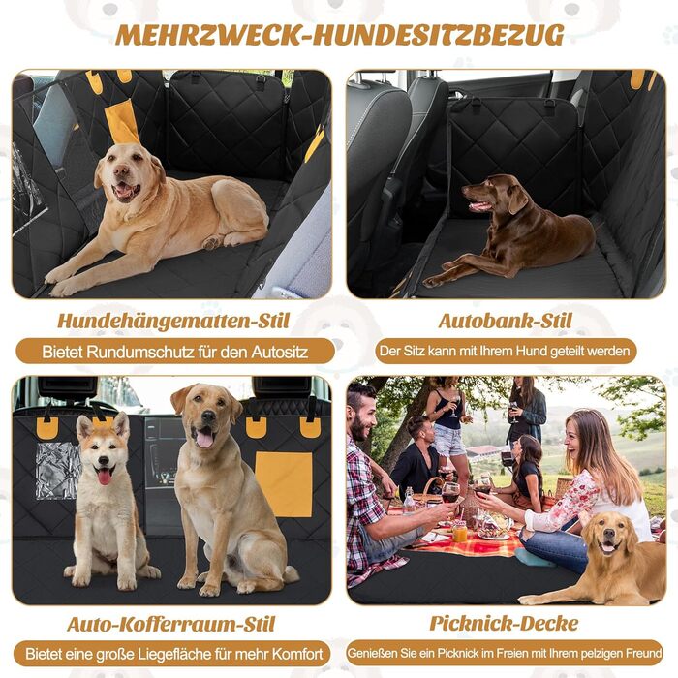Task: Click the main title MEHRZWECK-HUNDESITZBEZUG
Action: [x=340, y=35]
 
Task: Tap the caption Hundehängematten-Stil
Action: [x=173, y=322]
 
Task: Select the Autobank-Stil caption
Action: [x=505, y=321]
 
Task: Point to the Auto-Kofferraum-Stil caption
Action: [x=171, y=624]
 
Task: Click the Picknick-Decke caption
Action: [x=505, y=623]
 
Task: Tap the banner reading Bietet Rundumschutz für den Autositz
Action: [x=175, y=351]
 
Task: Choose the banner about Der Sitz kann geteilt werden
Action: [x=506, y=351]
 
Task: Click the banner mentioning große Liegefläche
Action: [x=172, y=654]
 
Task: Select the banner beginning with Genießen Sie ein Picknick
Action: [x=505, y=653]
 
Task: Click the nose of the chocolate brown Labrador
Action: [x=465, y=189]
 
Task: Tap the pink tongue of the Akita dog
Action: [x=105, y=477]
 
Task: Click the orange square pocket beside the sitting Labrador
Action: [x=284, y=484]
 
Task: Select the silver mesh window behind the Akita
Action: [x=57, y=471]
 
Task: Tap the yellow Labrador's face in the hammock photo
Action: [x=123, y=173]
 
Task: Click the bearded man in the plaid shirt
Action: [x=367, y=484]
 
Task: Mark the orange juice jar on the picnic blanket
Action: [x=460, y=532]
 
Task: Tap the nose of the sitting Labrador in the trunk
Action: [x=208, y=416]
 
